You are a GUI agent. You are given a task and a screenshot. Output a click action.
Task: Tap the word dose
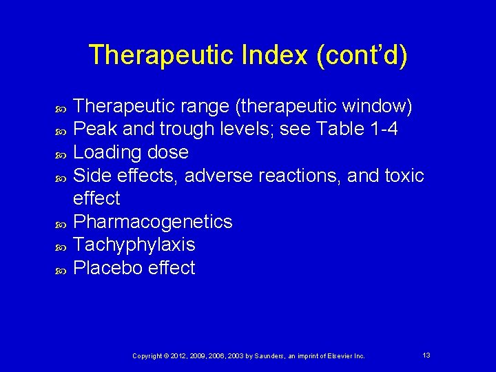[x=169, y=152]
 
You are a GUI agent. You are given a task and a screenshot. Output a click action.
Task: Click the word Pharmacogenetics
[x=153, y=222]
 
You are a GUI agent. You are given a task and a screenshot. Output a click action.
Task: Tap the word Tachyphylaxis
[x=134, y=245]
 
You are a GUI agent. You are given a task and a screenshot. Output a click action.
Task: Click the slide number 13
[x=426, y=355]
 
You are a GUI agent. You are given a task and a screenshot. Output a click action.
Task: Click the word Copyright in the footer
[x=147, y=355]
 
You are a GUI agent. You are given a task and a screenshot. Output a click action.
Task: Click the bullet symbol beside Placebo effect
[x=60, y=269]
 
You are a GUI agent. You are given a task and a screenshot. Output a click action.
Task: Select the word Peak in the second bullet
[x=93, y=129]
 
